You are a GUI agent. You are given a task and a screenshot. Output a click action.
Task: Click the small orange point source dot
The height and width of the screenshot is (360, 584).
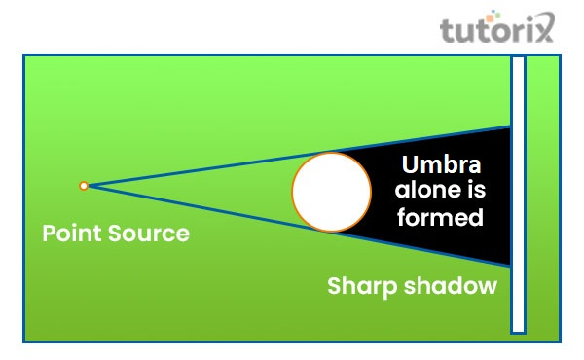[84, 185]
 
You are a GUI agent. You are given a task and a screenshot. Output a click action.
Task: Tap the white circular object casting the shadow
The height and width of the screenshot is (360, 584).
[331, 192]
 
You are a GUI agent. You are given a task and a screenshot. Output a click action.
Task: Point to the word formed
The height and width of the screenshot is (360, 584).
[441, 216]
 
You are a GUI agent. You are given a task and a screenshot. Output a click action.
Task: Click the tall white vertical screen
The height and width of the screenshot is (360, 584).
[518, 195]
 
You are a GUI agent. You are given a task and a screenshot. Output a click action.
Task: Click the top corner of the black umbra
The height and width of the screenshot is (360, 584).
[509, 127]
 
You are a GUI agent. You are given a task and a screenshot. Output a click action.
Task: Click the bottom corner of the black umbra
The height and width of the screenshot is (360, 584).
[509, 264]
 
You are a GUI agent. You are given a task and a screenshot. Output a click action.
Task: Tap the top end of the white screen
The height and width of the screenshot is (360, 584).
[518, 60]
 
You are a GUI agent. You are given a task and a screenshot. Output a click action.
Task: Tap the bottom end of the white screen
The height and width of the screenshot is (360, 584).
[518, 329]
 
